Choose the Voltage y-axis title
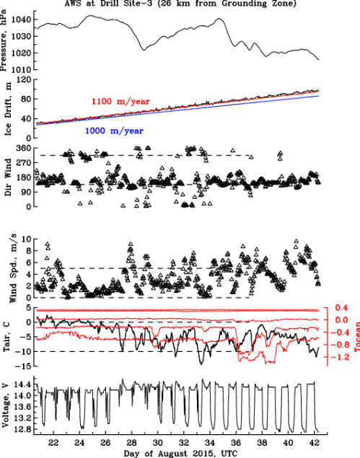[6, 408]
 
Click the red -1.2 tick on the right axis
[342, 357]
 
